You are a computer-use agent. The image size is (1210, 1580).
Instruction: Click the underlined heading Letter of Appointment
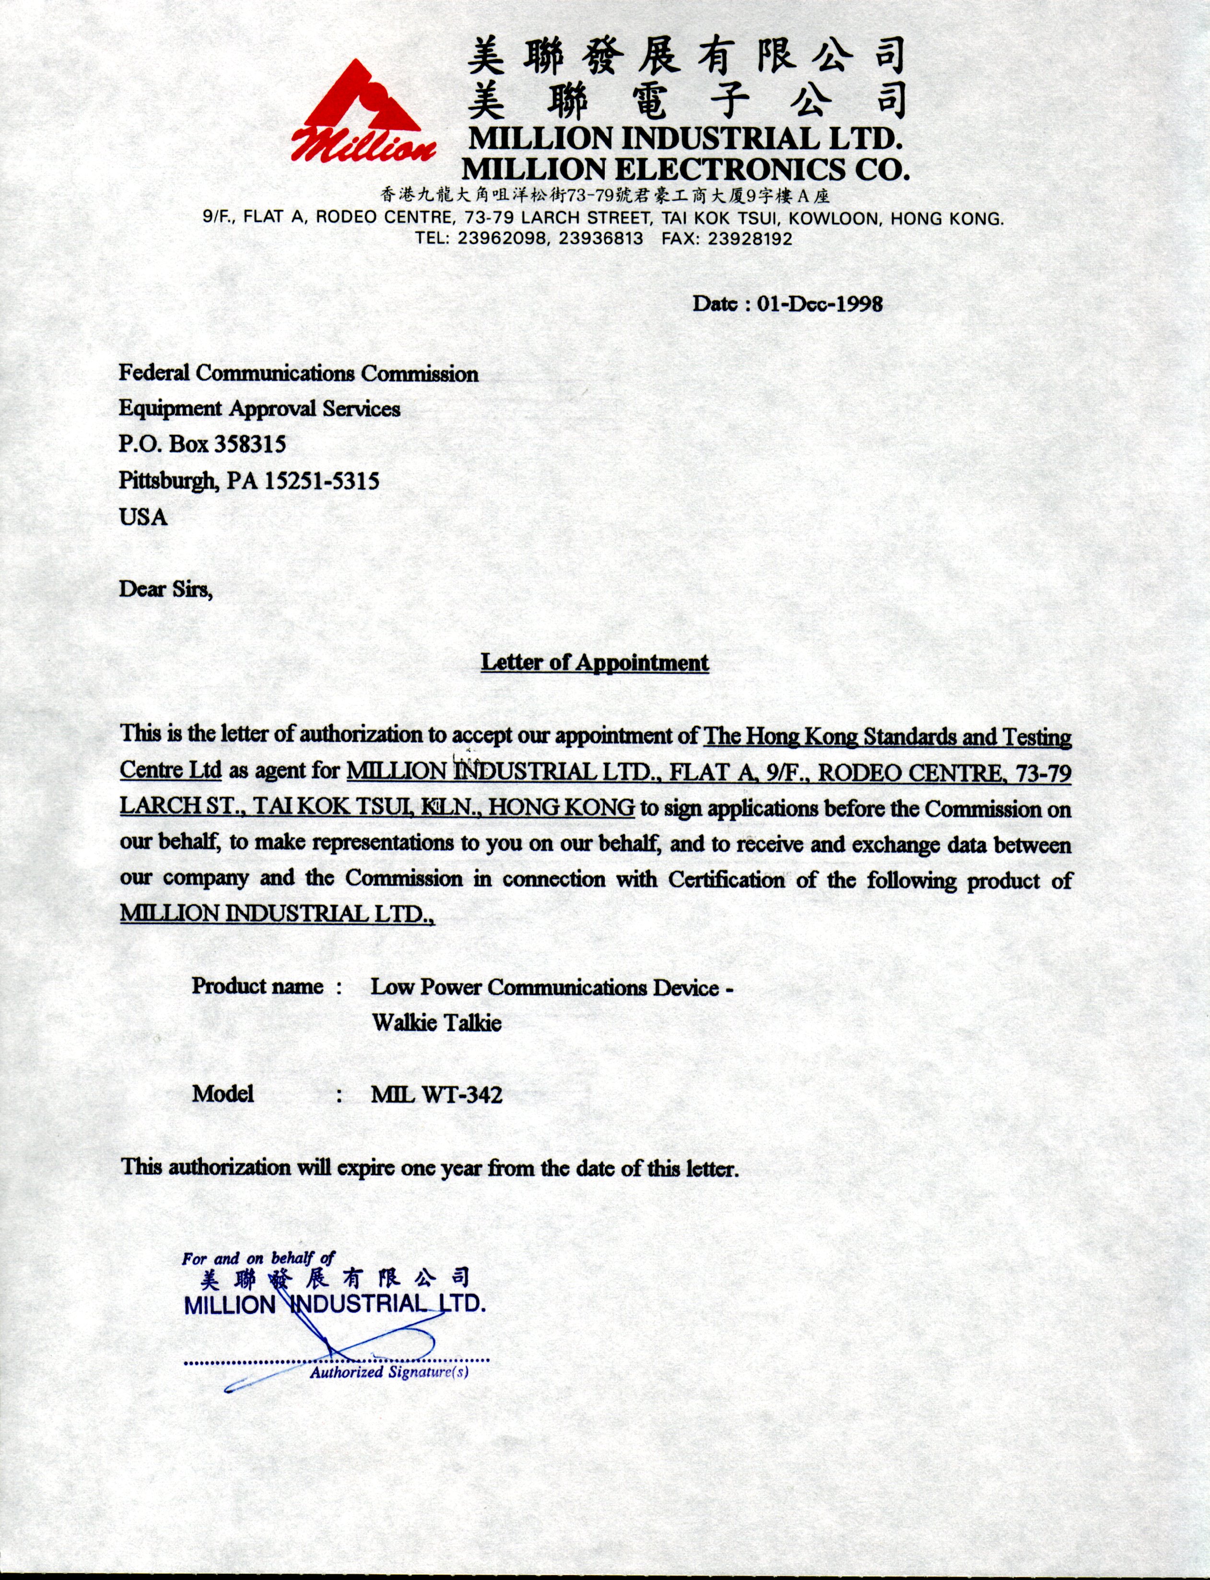pyautogui.click(x=595, y=663)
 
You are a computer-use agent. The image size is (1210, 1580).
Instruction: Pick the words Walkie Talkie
pyautogui.click(x=436, y=1023)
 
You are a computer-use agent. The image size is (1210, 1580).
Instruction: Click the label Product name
pyautogui.click(x=257, y=986)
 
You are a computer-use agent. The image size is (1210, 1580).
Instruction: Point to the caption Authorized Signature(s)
pyautogui.click(x=389, y=1372)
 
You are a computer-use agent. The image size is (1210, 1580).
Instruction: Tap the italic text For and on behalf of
pyautogui.click(x=258, y=1258)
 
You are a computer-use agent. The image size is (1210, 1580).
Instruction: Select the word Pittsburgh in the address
pyautogui.click(x=168, y=480)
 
